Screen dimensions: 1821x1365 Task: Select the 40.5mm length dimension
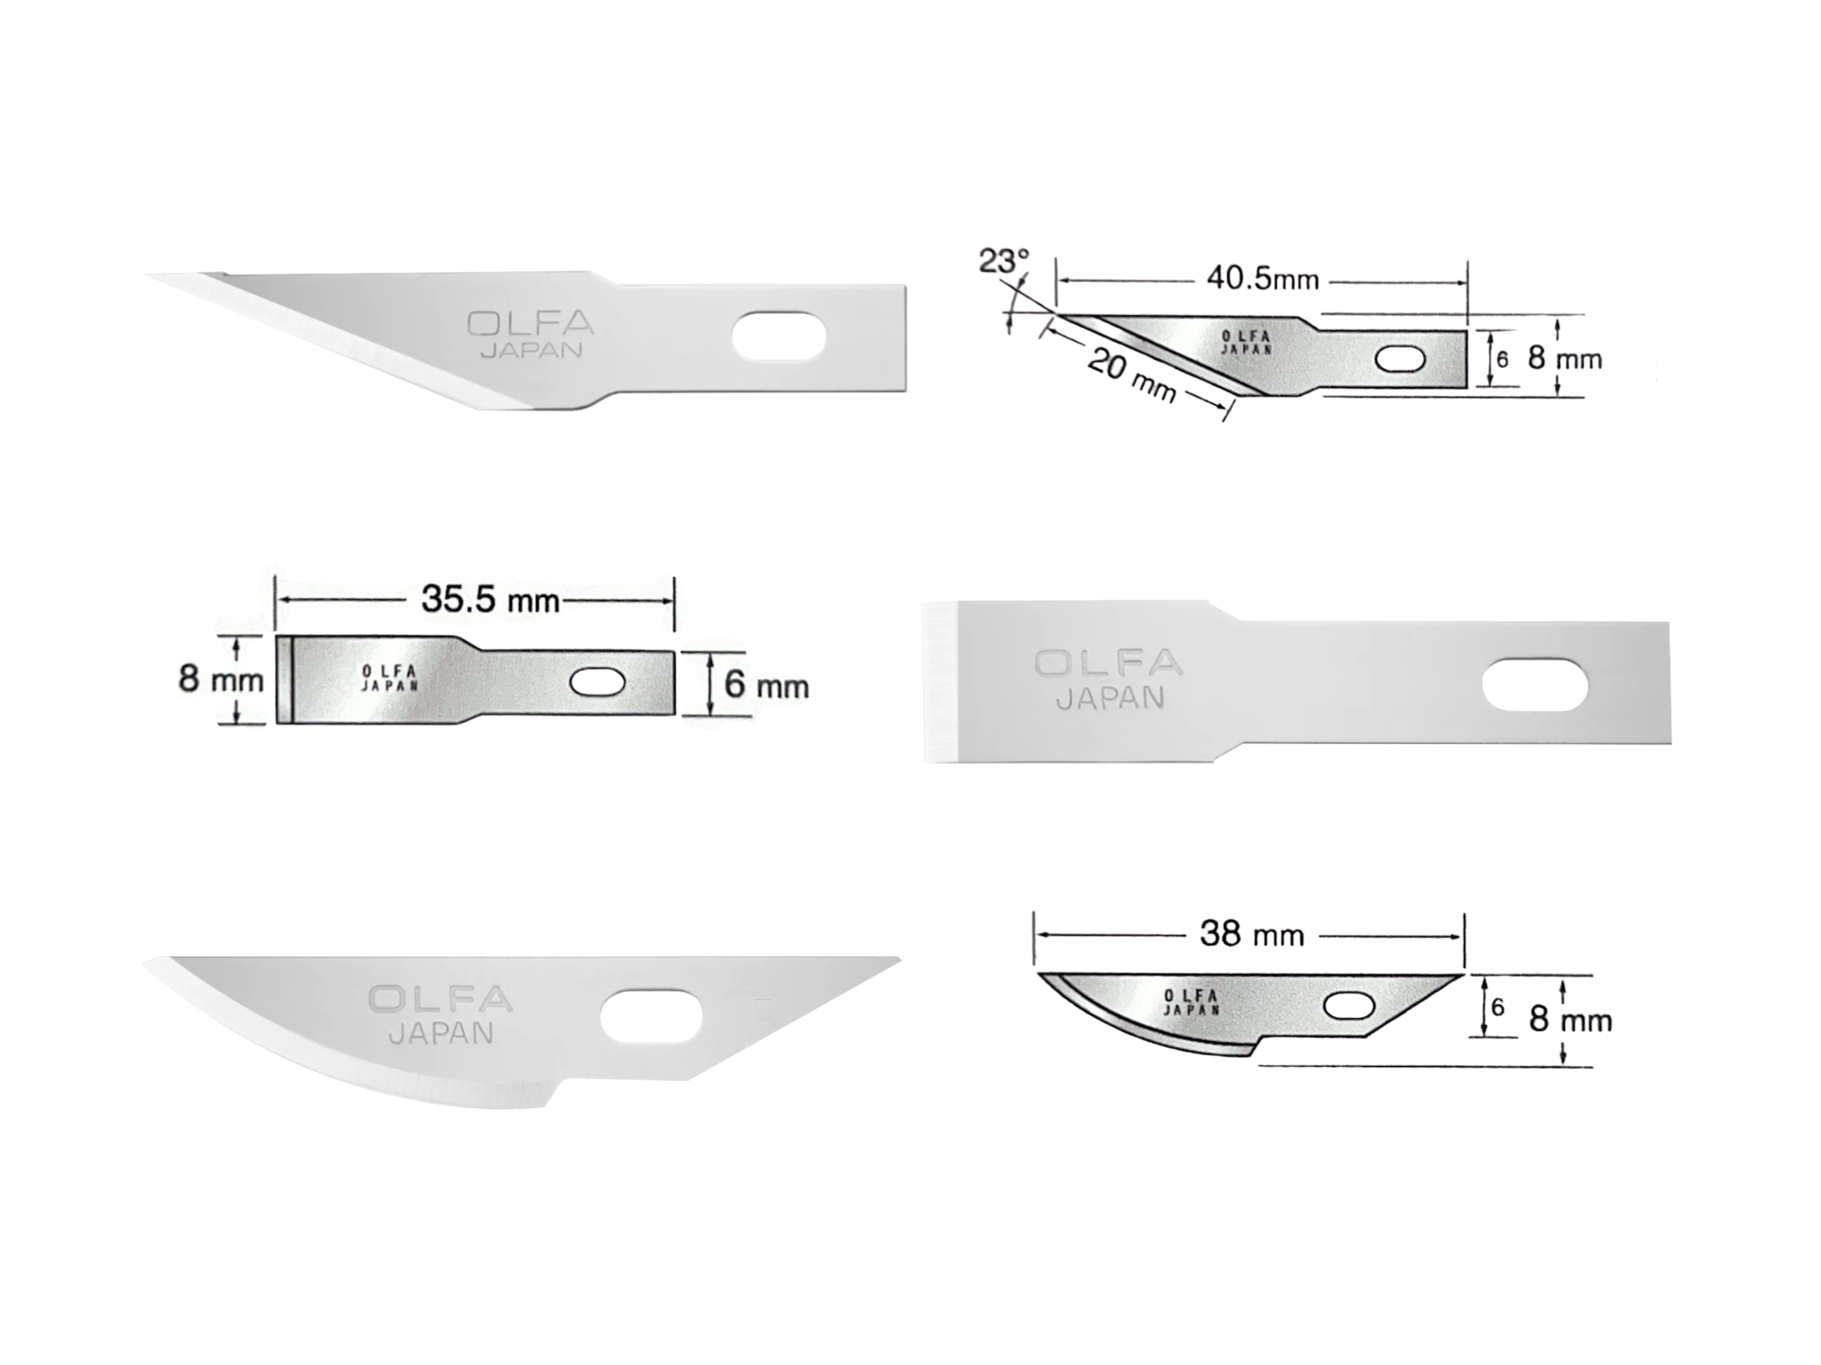pos(1262,280)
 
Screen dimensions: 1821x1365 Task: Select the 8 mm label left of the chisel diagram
pos(221,680)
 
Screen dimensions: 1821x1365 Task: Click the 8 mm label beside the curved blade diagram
pos(1570,1020)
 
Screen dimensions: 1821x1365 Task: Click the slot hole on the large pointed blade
pos(779,336)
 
